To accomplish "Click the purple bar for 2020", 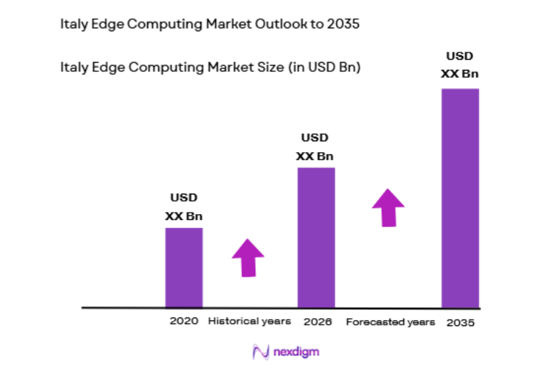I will [184, 267].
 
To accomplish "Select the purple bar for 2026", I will [316, 237].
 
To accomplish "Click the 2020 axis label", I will [184, 321].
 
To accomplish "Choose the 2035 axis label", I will [460, 322].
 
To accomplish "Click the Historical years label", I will [249, 321].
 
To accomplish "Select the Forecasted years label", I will [390, 322].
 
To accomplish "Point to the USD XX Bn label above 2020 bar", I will [184, 207].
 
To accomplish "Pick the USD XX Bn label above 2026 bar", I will [315, 146].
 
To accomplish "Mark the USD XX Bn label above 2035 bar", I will [460, 64].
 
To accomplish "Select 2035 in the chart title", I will [343, 25].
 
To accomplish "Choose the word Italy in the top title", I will [72, 25].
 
